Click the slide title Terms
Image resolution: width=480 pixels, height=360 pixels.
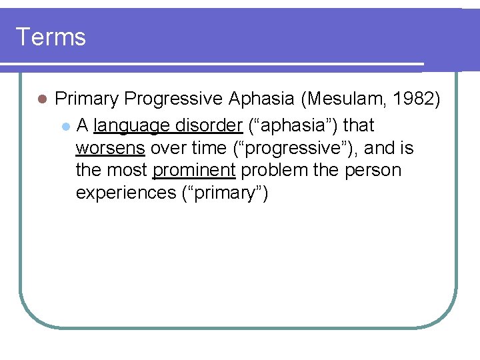click(x=51, y=37)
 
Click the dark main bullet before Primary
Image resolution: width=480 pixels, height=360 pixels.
click(x=41, y=99)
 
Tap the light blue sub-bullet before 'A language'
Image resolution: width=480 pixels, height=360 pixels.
click(x=64, y=126)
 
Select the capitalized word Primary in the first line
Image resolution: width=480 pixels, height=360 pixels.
click(x=87, y=99)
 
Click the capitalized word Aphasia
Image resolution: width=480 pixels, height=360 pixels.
click(x=261, y=99)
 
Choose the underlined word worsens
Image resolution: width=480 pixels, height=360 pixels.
click(x=110, y=148)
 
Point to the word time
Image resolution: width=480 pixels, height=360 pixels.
click(x=209, y=148)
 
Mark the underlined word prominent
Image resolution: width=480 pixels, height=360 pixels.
click(x=194, y=171)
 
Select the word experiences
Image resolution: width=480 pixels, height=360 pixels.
click(x=125, y=193)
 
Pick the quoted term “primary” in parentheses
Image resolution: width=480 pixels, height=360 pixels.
click(x=224, y=193)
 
